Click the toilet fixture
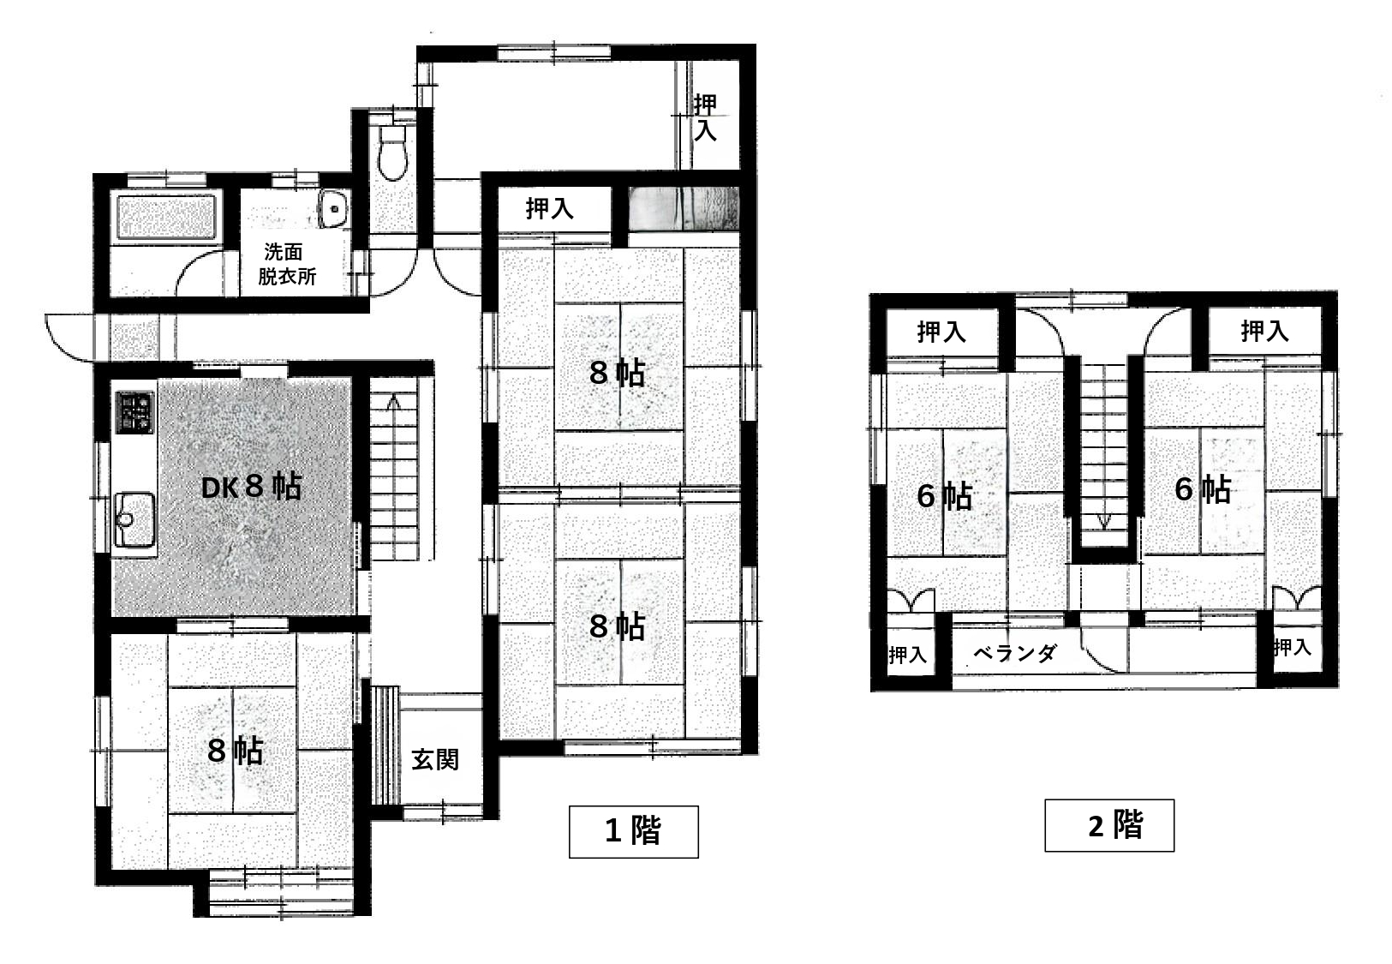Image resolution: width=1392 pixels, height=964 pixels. (392, 150)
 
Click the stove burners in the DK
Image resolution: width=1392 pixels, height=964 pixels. (134, 412)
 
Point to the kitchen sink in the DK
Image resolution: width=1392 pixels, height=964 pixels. (134, 519)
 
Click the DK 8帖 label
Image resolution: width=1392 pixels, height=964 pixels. (252, 487)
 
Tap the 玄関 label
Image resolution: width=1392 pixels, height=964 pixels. (435, 759)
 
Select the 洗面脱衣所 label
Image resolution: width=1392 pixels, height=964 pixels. (286, 264)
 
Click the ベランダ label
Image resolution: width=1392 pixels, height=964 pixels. (1015, 653)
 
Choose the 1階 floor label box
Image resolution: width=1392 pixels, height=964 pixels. (634, 832)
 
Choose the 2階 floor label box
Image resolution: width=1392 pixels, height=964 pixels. (1109, 825)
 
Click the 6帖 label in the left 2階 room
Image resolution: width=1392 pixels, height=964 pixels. (945, 496)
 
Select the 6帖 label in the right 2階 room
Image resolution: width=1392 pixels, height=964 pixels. (1203, 488)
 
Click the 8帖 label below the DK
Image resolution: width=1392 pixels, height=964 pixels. (236, 750)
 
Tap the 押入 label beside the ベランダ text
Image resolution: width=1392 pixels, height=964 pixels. (908, 655)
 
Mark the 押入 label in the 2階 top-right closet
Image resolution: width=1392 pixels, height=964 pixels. (1264, 331)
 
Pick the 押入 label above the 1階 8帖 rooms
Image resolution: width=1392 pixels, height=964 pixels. (549, 208)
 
